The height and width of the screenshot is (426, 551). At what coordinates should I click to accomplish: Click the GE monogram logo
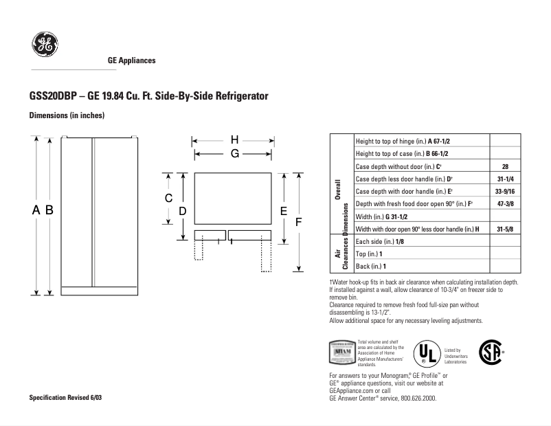pyautogui.click(x=43, y=46)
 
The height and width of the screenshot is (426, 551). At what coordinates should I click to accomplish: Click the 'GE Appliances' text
pyautogui.click(x=132, y=60)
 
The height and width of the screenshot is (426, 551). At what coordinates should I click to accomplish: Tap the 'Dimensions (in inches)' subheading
pyautogui.click(x=67, y=115)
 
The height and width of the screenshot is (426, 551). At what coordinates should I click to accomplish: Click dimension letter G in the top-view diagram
pyautogui.click(x=234, y=154)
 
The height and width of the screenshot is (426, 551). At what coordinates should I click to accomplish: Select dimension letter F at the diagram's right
pyautogui.click(x=299, y=223)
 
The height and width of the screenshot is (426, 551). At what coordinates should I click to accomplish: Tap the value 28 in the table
pyautogui.click(x=505, y=166)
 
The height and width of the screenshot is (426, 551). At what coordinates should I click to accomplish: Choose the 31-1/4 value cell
pyautogui.click(x=505, y=179)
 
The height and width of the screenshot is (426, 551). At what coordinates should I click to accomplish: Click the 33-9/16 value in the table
pyautogui.click(x=505, y=191)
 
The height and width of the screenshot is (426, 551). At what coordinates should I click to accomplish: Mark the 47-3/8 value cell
pyautogui.click(x=505, y=204)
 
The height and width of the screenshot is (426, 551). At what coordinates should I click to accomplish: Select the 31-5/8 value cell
pyautogui.click(x=505, y=229)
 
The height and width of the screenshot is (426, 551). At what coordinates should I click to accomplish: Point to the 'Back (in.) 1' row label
pyautogui.click(x=371, y=266)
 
